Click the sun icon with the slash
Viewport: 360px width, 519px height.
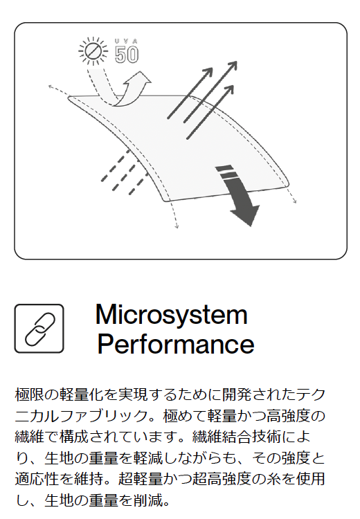[x=93, y=51]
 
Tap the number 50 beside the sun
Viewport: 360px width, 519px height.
[x=127, y=55]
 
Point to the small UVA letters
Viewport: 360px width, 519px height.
[x=127, y=41]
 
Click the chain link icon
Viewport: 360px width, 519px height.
[x=39, y=329]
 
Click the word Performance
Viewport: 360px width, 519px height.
[x=176, y=344]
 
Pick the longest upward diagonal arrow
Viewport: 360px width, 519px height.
[x=210, y=91]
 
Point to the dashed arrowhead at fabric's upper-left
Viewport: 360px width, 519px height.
[x=51, y=87]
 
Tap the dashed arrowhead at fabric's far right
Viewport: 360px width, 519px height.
[x=294, y=201]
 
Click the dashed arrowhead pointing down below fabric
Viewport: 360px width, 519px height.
[x=177, y=226]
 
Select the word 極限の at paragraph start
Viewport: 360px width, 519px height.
[x=37, y=395]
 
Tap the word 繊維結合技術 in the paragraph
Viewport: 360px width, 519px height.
[x=237, y=437]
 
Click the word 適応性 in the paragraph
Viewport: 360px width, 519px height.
[x=37, y=479]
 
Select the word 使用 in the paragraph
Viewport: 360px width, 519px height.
[x=311, y=479]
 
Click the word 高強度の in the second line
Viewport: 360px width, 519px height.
[x=296, y=416]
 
